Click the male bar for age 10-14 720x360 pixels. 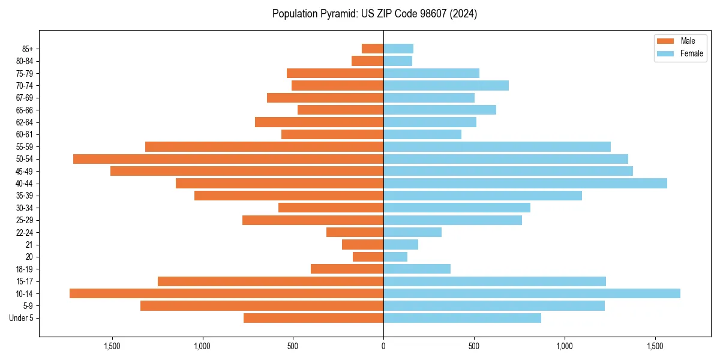pos(226,293)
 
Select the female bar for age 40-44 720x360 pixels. pos(525,184)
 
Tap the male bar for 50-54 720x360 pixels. pos(228,159)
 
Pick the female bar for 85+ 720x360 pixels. pos(398,49)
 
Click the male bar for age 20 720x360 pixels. pos(368,257)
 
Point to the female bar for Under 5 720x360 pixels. pos(462,318)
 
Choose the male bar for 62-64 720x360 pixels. pos(319,122)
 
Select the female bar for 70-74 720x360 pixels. pos(446,86)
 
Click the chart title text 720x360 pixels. pos(374,14)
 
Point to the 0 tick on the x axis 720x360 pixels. pos(383,346)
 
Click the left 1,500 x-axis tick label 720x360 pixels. pos(112,346)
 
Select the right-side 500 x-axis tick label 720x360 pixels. pos(474,346)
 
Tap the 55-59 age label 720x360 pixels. pos(25,147)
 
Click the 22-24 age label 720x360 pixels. pos(25,233)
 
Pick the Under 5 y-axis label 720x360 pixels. pos(21,318)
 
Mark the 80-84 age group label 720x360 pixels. pos(25,61)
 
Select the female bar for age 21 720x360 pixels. pos(401,245)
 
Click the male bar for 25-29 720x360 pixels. pos(313,220)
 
